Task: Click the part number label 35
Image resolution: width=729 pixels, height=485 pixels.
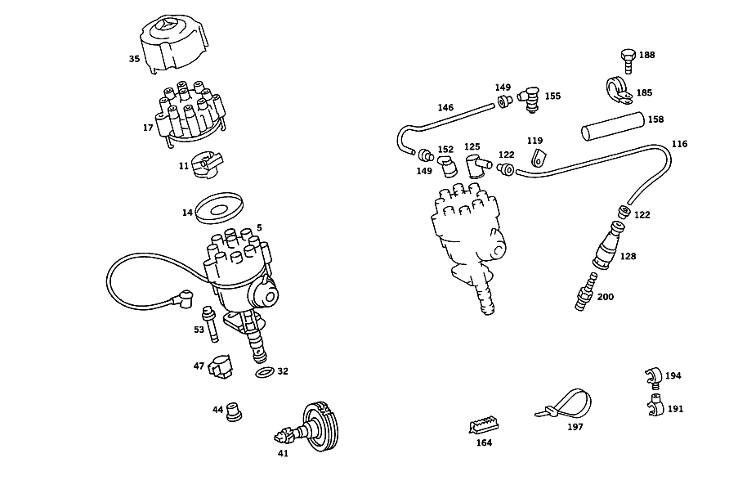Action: [134, 59]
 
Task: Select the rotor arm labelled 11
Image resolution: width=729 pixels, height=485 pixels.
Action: [208, 164]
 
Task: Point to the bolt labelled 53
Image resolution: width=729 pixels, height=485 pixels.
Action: [211, 324]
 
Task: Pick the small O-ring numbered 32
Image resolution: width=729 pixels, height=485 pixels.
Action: [265, 372]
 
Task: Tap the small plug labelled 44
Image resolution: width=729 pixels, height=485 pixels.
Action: [234, 411]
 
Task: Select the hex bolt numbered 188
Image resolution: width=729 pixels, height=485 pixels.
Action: [628, 61]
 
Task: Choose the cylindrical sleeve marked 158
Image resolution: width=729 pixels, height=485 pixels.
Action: [613, 126]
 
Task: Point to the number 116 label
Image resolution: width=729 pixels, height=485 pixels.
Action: [679, 144]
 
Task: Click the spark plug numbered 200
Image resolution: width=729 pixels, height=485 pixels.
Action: [586, 291]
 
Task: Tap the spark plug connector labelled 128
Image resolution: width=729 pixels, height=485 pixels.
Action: [608, 245]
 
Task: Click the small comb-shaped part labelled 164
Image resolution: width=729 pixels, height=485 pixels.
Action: [484, 425]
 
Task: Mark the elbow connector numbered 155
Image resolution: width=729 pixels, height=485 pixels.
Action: [530, 100]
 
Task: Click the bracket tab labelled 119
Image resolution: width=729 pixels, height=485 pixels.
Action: [538, 158]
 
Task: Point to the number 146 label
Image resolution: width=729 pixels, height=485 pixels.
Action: [445, 108]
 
